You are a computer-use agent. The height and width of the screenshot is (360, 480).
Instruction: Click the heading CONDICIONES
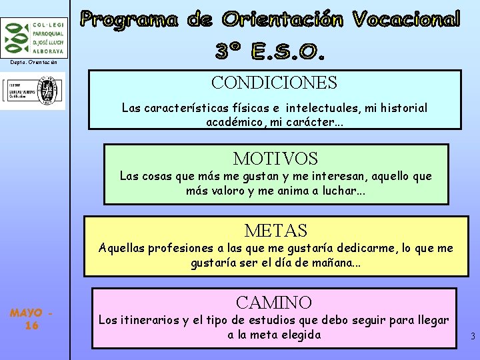pyautogui.click(x=274, y=83)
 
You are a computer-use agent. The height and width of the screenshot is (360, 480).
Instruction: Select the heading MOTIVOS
pyautogui.click(x=275, y=159)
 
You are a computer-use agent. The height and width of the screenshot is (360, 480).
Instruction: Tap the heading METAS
pyautogui.click(x=275, y=231)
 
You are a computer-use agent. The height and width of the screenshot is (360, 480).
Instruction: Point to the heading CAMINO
pyautogui.click(x=274, y=303)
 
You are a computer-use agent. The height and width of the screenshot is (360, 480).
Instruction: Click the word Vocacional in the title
pyautogui.click(x=406, y=20)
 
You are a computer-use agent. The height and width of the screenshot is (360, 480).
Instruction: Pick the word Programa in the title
pyautogui.click(x=130, y=20)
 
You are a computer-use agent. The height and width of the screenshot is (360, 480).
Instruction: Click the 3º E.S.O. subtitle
pyautogui.click(x=270, y=51)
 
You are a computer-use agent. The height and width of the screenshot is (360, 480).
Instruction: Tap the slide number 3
pyautogui.click(x=472, y=337)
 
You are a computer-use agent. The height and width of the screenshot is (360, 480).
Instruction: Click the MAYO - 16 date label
pyautogui.click(x=31, y=319)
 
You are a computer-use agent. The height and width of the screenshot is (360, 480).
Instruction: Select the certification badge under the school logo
pyautogui.click(x=33, y=91)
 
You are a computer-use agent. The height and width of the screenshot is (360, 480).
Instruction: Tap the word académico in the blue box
pyautogui.click(x=237, y=122)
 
